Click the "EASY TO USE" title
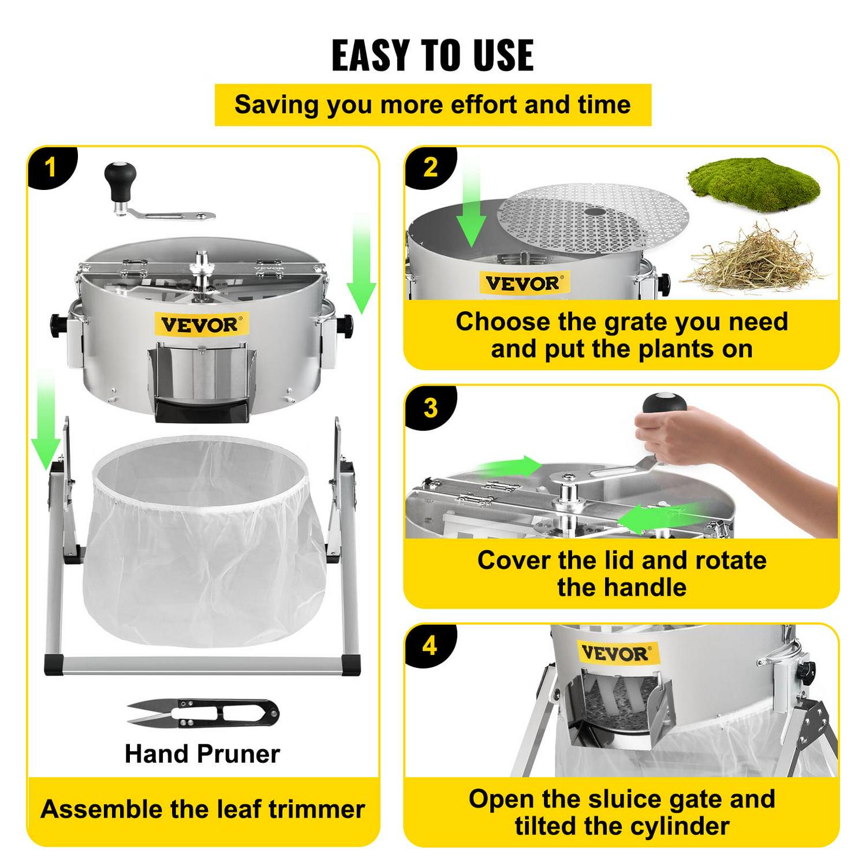click(x=432, y=55)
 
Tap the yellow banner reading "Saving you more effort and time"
click(x=432, y=105)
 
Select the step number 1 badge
click(x=51, y=167)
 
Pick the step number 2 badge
click(x=430, y=167)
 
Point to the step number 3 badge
click(x=430, y=408)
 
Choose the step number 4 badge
click(x=430, y=645)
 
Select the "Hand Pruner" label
click(x=202, y=754)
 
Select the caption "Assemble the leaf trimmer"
click(x=203, y=809)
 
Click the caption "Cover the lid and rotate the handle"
click(x=622, y=574)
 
